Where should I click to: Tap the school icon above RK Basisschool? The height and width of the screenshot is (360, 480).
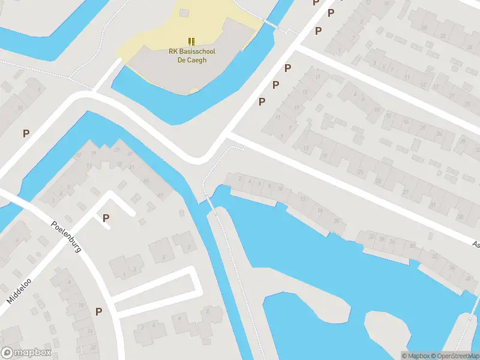pos(192,41)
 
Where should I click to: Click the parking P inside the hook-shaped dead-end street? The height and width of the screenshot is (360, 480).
pos(106,218)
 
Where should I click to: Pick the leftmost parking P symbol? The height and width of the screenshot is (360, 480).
pos(26,133)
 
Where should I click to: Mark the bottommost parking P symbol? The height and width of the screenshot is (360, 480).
pos(98,311)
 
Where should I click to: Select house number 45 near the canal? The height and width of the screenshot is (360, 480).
pos(146,181)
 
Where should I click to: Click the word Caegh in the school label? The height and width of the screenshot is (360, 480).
pos(200,60)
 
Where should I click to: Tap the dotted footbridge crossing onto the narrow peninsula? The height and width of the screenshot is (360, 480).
pos(211,204)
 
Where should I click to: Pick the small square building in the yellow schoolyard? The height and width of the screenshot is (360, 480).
pos(184,13)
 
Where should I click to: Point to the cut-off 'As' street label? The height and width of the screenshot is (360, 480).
pos(476,244)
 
